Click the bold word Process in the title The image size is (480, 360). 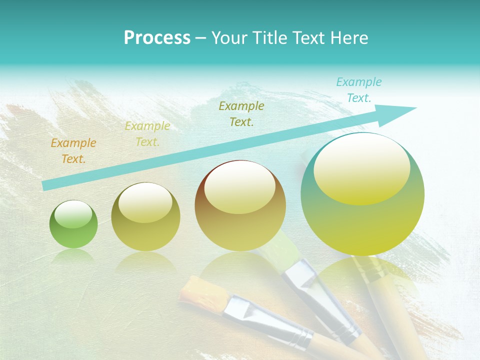(157, 38)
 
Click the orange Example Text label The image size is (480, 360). (73, 151)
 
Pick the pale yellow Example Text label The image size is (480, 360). (147, 134)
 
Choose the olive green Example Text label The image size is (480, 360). (241, 113)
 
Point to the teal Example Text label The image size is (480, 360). (359, 90)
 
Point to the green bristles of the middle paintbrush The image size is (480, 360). (282, 248)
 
